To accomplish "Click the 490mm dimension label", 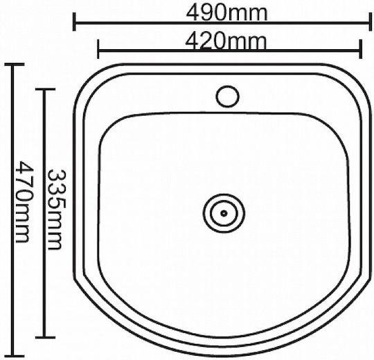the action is click(226, 14).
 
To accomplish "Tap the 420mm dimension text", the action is click(225, 42).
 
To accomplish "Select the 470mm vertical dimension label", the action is click(23, 201).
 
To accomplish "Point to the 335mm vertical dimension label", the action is click(56, 210).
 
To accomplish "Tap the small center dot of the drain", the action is click(224, 213).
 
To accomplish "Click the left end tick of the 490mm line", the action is click(74, 22).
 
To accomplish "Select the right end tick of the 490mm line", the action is click(370, 22).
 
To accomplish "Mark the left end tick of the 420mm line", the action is click(98, 49).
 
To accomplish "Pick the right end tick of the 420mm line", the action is click(361, 49).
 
